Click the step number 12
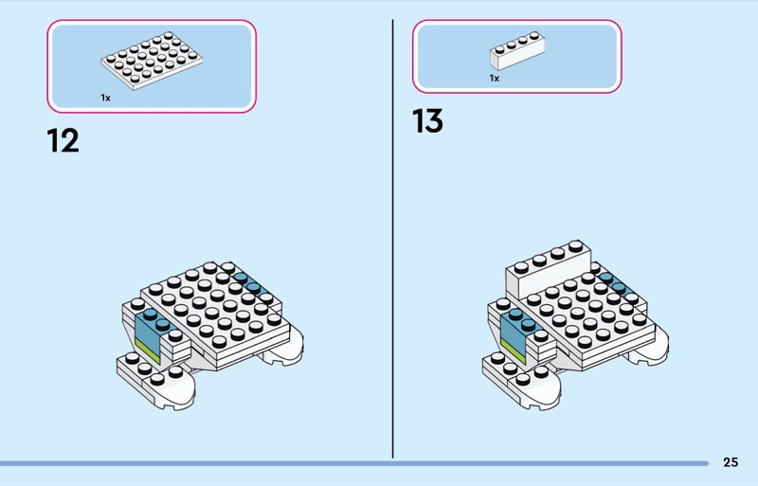pos(63,141)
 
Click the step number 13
pos(427,122)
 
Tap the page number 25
pos(730,462)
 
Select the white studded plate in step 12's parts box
pos(152,62)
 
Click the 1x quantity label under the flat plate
pos(105,98)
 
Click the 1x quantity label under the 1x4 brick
pos(494,79)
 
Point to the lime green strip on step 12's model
pos(147,351)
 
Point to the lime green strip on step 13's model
pos(512,351)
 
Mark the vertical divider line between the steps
pos(392,237)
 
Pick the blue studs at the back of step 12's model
pos(248,282)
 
